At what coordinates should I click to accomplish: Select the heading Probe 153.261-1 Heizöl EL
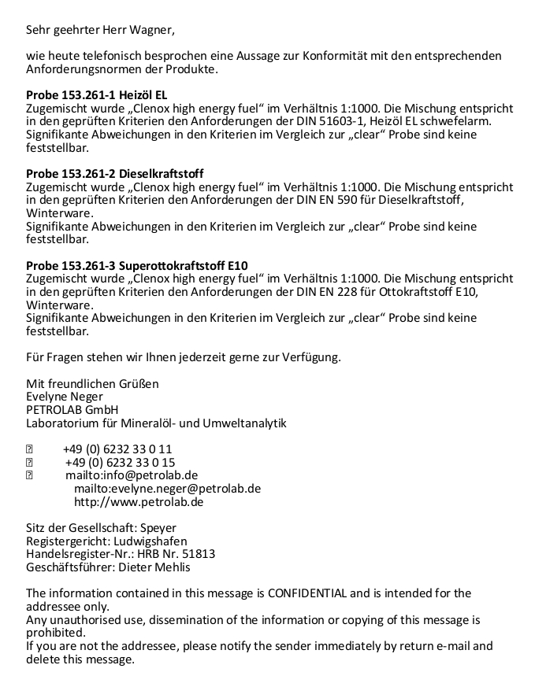(96, 95)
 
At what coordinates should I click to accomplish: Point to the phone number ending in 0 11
(117, 449)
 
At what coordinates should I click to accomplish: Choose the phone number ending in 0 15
(120, 462)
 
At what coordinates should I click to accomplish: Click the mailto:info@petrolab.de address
(132, 475)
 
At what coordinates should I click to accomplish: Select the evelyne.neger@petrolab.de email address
(167, 489)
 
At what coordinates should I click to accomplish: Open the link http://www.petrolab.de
(139, 501)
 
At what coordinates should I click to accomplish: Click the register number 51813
(198, 554)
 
